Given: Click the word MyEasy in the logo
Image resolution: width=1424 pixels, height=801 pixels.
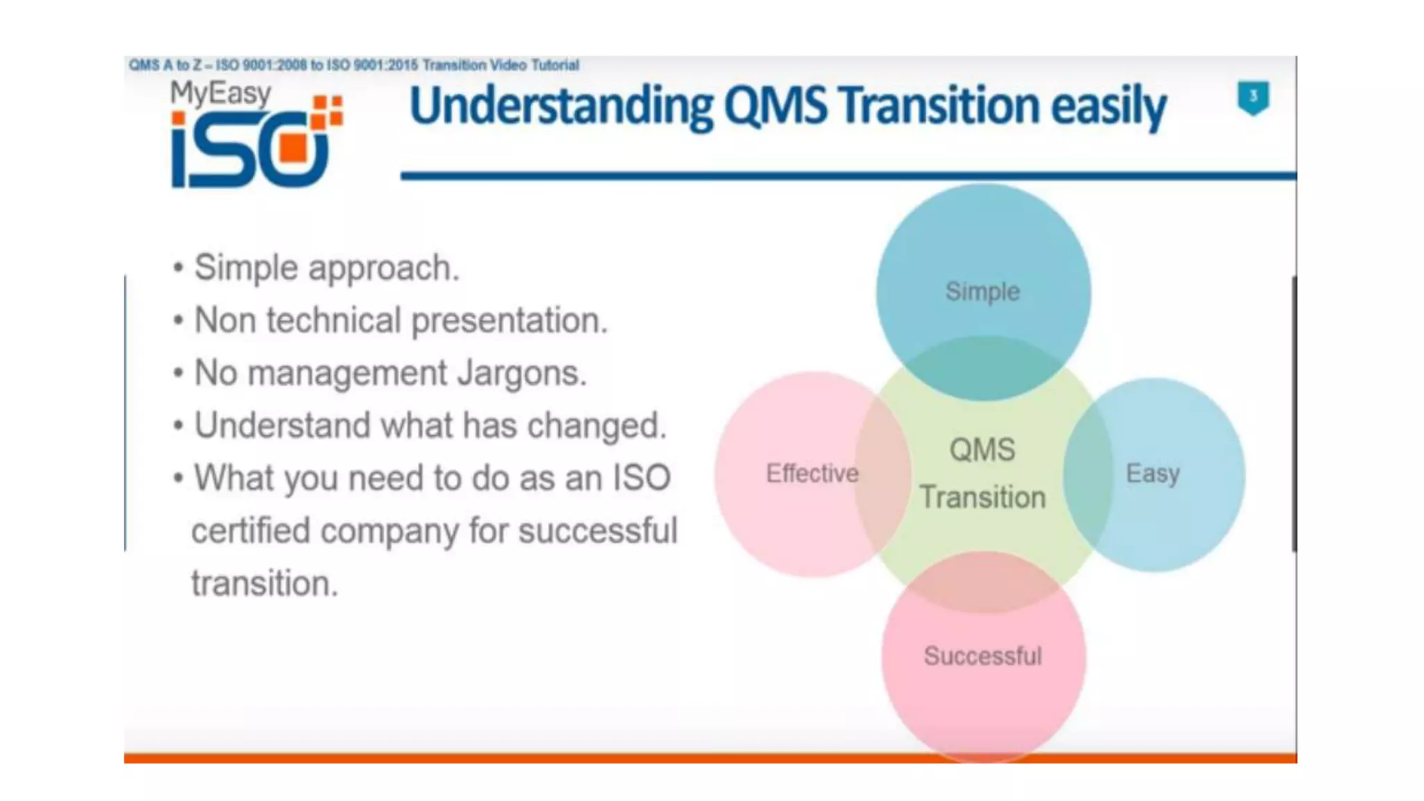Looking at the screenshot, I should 220,94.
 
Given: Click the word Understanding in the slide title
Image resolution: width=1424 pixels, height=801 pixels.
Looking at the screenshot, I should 561,106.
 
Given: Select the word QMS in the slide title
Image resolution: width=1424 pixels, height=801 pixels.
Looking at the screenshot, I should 775,106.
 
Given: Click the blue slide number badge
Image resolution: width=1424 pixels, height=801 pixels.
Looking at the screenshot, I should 1253,97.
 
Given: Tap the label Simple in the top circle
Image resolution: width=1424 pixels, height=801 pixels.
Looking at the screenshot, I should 982,291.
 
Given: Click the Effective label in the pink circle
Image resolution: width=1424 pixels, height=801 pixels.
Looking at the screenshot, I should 812,474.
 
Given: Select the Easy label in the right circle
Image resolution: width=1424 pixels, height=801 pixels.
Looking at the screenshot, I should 1153,474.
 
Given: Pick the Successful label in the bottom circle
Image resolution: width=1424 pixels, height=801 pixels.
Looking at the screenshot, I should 982,656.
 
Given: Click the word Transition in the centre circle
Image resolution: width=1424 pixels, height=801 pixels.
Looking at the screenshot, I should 982,498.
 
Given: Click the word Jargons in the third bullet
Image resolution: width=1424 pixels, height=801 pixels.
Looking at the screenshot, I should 521,373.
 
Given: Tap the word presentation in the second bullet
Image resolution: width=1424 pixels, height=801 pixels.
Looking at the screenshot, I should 509,321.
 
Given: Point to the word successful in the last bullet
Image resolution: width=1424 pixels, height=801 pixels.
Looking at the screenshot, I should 597,531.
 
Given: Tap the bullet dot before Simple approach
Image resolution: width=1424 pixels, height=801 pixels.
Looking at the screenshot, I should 179,268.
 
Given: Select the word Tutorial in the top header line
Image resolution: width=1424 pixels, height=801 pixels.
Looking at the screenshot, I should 555,65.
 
